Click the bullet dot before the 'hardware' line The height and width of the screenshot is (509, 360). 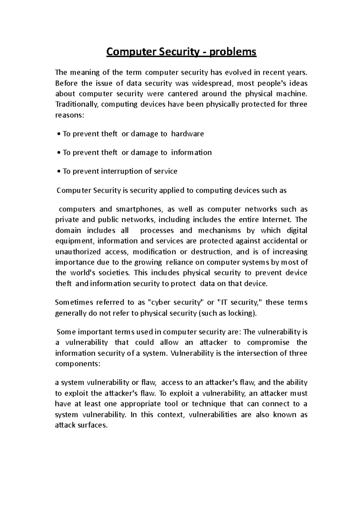click(x=59, y=134)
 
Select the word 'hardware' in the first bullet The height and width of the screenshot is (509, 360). click(x=187, y=134)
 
